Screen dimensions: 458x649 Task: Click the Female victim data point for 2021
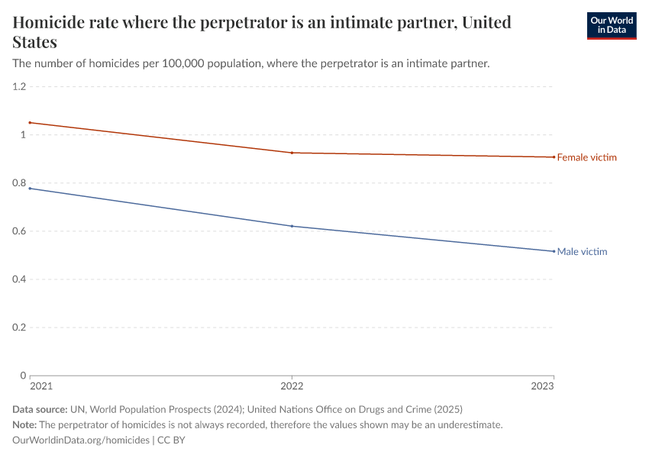[x=30, y=122]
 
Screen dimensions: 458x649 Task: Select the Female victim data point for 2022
[x=292, y=153]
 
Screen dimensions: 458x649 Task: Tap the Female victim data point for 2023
[x=554, y=157]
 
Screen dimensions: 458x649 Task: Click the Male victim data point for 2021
[x=30, y=188]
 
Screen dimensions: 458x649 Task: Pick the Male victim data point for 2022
[x=292, y=226]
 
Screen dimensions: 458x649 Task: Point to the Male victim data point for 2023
[x=554, y=251]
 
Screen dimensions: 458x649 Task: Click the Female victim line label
[x=586, y=157]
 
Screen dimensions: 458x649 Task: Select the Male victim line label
[x=582, y=251]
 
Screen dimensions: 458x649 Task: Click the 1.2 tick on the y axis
[x=19, y=87]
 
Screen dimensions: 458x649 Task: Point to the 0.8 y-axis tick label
[x=19, y=183]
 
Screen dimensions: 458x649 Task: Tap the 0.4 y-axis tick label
[x=19, y=279]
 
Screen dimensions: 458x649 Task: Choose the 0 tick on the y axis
[x=23, y=376]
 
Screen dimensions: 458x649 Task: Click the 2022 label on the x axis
[x=292, y=387]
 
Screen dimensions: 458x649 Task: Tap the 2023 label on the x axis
[x=543, y=387]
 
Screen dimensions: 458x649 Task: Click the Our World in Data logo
[x=611, y=25]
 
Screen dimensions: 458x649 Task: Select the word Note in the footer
[x=24, y=424]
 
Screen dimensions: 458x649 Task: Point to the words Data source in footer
[x=40, y=409]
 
